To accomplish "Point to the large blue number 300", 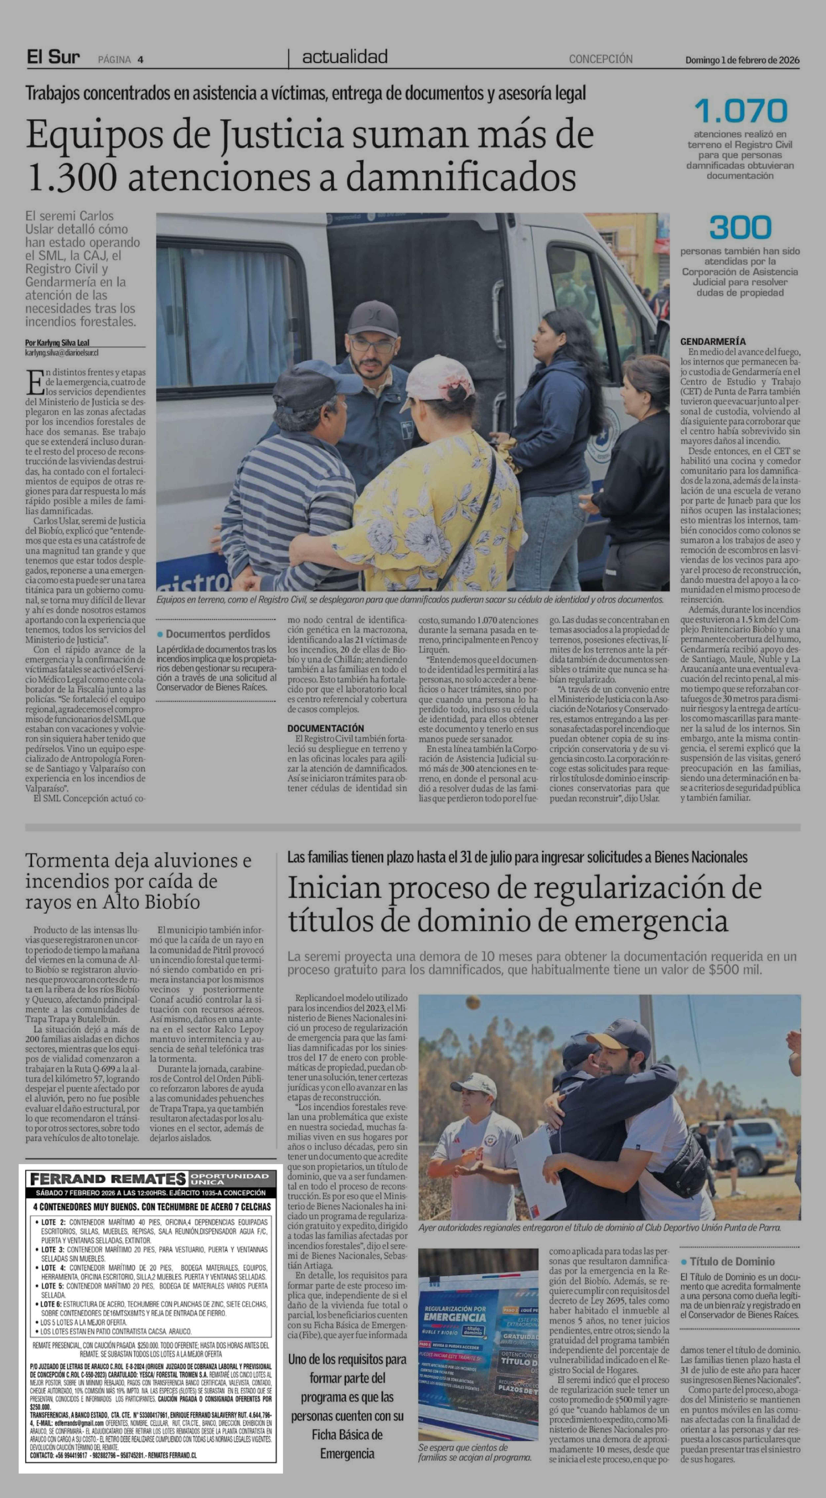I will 740,227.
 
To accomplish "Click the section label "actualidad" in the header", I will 345,57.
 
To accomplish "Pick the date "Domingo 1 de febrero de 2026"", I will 742,60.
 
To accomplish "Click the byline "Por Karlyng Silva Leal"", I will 57,342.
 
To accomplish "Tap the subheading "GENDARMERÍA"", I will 713,341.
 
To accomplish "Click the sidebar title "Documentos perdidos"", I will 217,634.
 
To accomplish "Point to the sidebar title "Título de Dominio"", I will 732,1261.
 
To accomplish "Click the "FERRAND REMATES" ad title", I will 108,1179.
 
